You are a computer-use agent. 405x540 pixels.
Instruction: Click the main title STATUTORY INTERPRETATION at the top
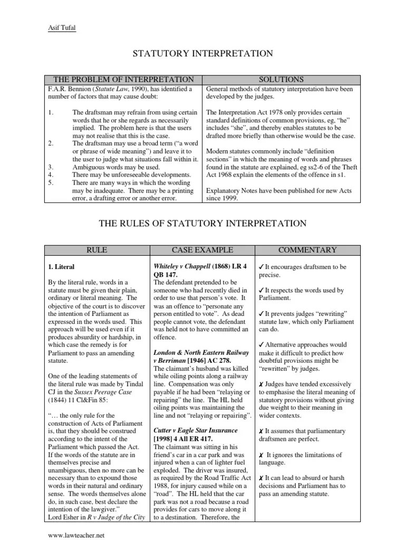(202, 53)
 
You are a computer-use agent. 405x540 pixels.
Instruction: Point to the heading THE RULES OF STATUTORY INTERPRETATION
(202, 224)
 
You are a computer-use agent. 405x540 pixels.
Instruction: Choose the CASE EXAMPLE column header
(202, 249)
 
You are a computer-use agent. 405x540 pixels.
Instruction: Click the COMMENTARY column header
(307, 249)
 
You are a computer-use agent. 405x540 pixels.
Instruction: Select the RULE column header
(97, 249)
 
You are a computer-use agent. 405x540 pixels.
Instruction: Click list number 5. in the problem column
(51, 182)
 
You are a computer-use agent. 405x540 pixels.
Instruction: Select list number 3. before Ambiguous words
(51, 167)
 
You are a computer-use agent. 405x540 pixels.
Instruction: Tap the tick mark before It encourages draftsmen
(262, 267)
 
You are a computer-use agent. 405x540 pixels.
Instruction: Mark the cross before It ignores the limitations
(262, 454)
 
